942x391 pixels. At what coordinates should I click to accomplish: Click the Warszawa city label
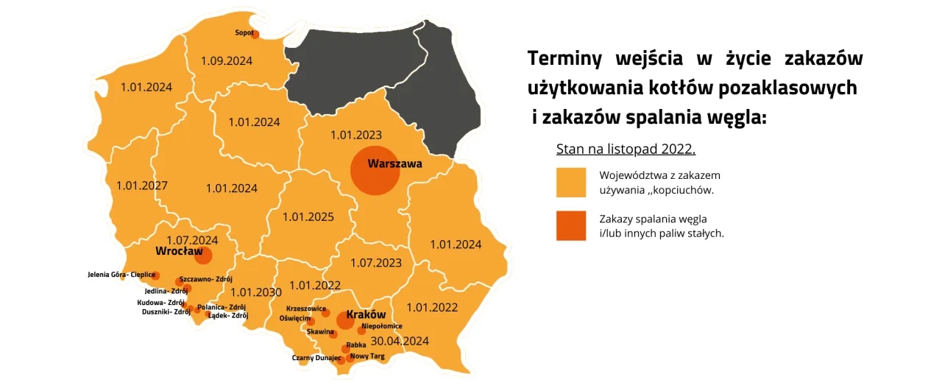tap(394, 163)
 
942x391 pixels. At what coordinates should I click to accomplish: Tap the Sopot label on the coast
tap(244, 32)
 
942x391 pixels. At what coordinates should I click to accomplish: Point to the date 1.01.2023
tap(355, 135)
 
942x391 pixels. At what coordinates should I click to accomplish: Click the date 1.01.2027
tap(141, 185)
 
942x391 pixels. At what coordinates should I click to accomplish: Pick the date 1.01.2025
tap(308, 217)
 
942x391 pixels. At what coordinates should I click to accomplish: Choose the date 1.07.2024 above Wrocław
tap(191, 240)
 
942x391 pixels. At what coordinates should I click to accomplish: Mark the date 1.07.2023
tap(375, 262)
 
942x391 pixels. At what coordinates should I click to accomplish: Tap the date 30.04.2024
tap(400, 341)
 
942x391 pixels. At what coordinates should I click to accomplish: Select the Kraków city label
tap(366, 314)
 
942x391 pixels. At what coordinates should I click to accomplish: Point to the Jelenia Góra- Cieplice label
tap(121, 275)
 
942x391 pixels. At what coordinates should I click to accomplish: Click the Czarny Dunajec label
tap(316, 358)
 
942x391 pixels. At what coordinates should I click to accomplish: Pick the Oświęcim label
tap(295, 319)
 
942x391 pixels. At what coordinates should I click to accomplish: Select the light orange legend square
tap(571, 183)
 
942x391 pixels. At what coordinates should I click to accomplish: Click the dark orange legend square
tap(571, 226)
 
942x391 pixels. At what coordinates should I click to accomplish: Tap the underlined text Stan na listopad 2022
tap(626, 149)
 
